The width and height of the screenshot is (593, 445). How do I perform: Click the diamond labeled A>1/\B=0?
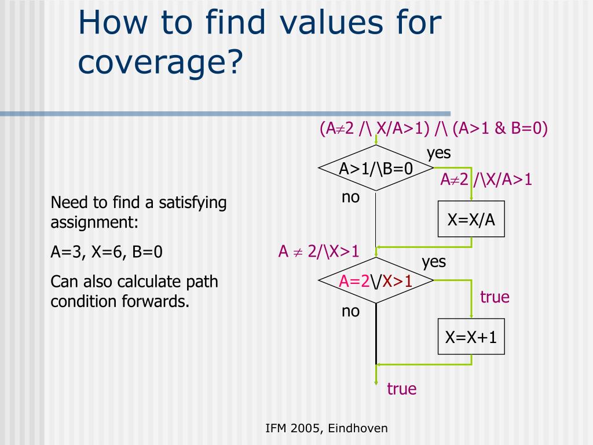(376, 168)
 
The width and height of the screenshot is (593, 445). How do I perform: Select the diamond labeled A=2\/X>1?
(376, 281)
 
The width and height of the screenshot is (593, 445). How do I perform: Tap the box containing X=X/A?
(471, 219)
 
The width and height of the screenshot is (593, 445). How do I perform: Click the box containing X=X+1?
(471, 337)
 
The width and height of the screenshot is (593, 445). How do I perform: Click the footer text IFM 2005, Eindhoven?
(327, 428)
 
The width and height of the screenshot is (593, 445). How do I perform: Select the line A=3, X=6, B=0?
(107, 252)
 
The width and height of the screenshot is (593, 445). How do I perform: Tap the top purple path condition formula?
(433, 128)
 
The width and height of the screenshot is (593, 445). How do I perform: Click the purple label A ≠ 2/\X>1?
(319, 251)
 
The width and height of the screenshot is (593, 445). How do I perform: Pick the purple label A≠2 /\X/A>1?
(486, 180)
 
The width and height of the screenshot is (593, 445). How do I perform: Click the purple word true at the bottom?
(402, 389)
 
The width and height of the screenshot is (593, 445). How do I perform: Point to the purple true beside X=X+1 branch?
(495, 297)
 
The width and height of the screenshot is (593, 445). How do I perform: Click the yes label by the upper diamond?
(438, 153)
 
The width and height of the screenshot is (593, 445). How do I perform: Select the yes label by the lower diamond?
(434, 262)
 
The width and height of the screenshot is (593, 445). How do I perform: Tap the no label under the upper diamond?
(350, 197)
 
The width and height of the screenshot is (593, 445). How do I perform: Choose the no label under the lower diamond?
(350, 311)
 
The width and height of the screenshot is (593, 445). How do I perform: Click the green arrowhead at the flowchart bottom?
(376, 380)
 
